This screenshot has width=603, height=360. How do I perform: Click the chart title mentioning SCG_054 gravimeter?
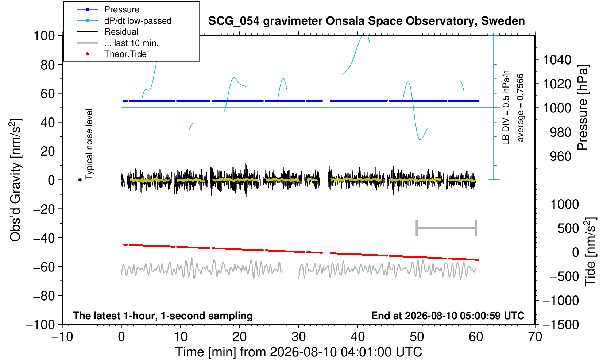[x=366, y=21]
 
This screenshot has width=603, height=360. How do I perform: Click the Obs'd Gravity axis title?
[x=16, y=180]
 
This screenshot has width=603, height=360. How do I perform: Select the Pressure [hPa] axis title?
[x=583, y=108]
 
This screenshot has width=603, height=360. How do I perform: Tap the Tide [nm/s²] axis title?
[x=590, y=252]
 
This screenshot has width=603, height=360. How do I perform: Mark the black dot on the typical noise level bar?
[x=80, y=180]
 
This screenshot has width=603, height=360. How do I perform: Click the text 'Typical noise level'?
[x=89, y=144]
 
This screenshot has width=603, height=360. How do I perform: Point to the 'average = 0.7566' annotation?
[x=520, y=108]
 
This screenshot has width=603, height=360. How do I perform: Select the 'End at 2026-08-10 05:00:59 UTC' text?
[x=448, y=316]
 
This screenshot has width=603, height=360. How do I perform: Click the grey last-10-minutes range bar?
[x=447, y=228]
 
